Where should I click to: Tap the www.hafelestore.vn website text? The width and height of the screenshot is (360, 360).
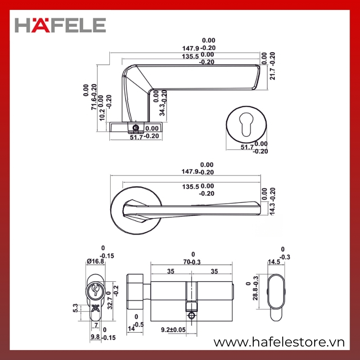coord(279,342)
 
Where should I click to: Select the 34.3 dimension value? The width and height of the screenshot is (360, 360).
coord(162,109)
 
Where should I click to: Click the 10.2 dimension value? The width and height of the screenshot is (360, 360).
coord(103,115)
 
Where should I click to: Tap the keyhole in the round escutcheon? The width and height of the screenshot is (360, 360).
coord(246,124)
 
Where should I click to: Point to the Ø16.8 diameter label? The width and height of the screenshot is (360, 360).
coord(95,261)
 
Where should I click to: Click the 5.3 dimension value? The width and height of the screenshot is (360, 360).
coord(76,308)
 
